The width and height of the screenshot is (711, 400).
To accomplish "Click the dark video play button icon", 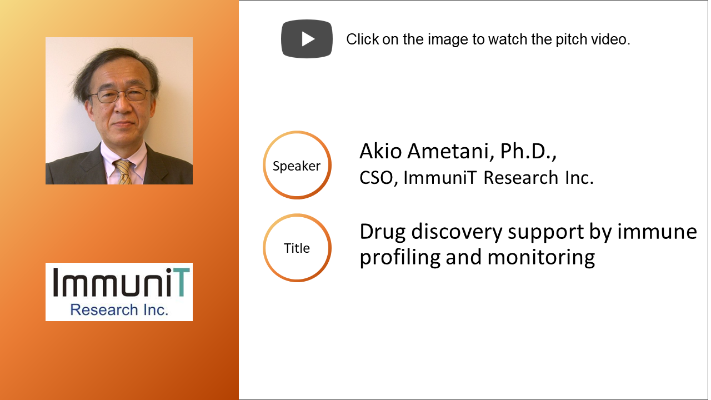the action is pyautogui.click(x=307, y=39).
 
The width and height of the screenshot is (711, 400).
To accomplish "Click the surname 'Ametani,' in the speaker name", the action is pyautogui.click(x=451, y=151).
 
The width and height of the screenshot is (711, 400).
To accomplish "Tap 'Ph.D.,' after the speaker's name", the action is pyautogui.click(x=528, y=151).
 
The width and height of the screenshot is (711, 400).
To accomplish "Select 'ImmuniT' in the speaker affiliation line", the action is pyautogui.click(x=440, y=177).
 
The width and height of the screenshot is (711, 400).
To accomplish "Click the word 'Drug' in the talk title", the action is pyautogui.click(x=383, y=232).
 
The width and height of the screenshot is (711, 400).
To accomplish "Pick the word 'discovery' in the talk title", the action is pyautogui.click(x=457, y=232).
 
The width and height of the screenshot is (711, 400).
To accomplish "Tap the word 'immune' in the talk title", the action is pyautogui.click(x=657, y=232).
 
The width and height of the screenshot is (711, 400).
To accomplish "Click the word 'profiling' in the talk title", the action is pyautogui.click(x=400, y=257).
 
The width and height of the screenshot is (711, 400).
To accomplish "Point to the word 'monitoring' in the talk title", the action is pyautogui.click(x=541, y=257).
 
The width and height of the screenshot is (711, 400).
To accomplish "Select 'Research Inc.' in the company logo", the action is pyautogui.click(x=119, y=310).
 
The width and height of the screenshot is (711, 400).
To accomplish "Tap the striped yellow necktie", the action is pyautogui.click(x=123, y=172).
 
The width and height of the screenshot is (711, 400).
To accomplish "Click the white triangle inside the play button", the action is pyautogui.click(x=308, y=39).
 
